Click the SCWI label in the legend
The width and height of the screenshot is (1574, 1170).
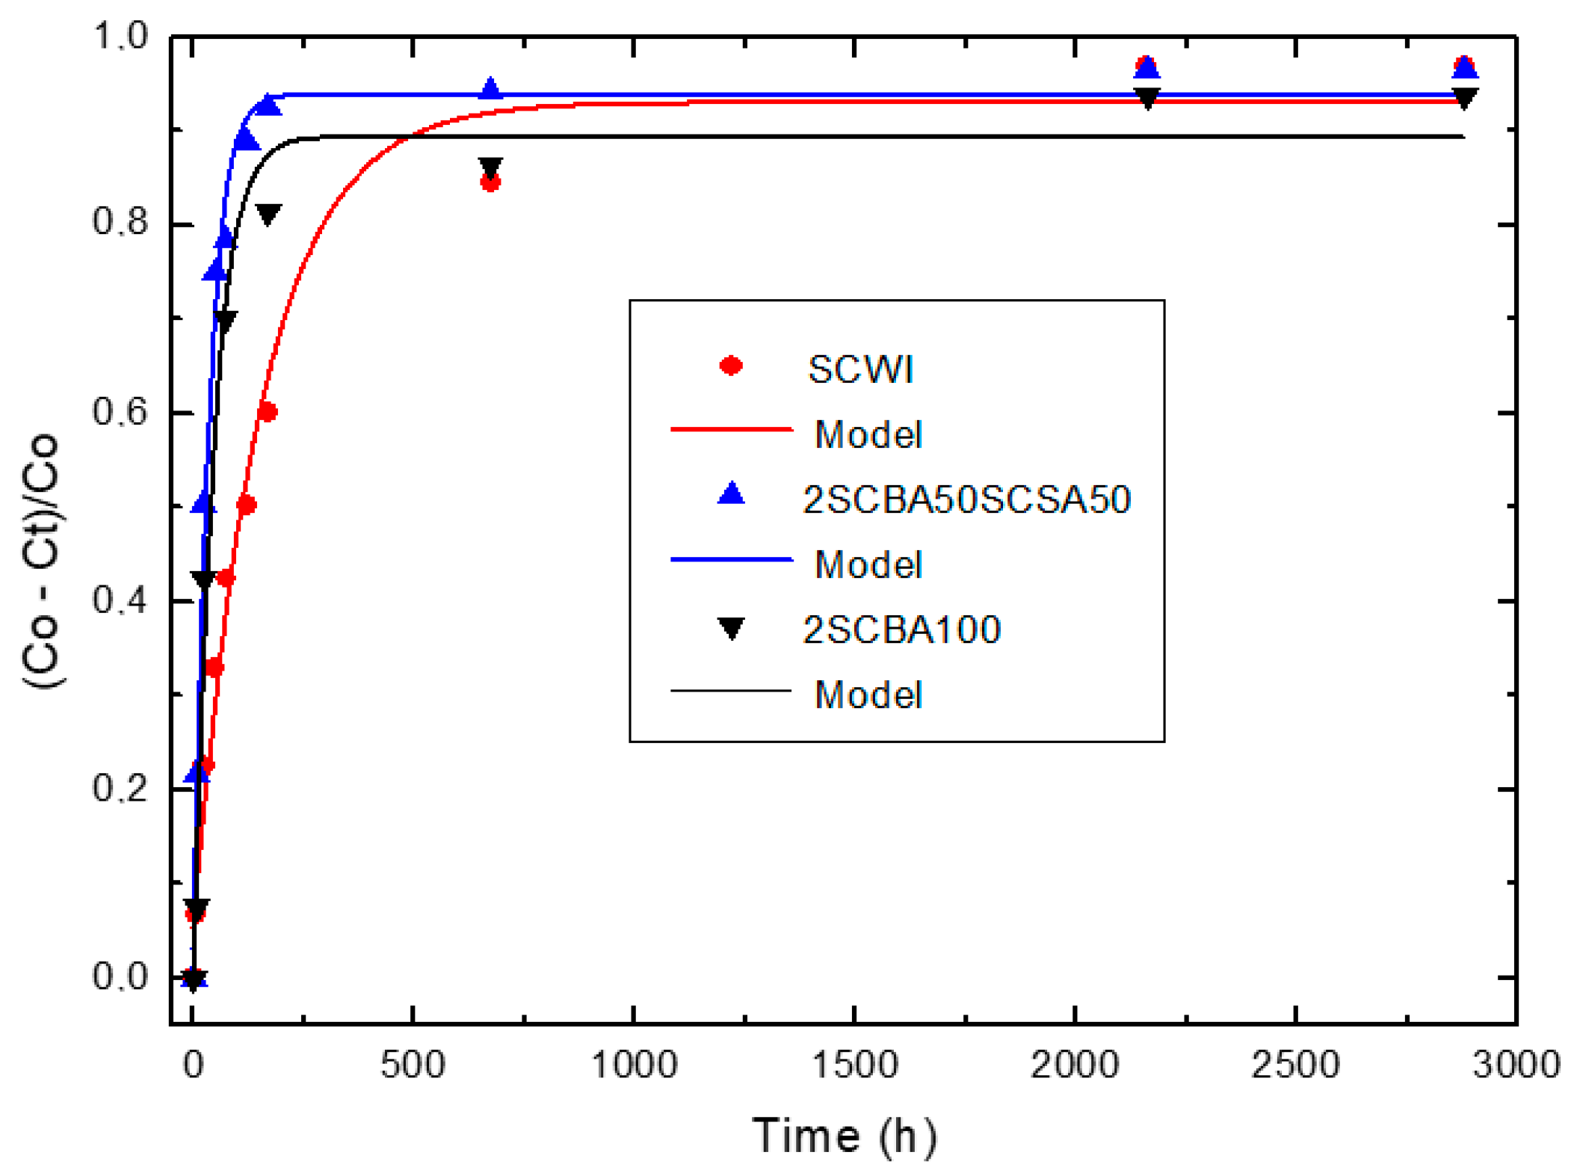[859, 369]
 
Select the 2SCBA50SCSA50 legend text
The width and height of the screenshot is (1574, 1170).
[966, 499]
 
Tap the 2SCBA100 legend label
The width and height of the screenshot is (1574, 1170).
[901, 629]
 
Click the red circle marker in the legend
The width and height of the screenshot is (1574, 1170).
[730, 366]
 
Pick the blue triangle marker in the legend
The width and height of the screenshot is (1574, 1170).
[730, 493]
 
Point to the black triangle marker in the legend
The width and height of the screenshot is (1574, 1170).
[730, 627]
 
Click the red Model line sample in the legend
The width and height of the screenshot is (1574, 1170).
[730, 429]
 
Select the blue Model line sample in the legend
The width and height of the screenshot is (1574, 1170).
[730, 558]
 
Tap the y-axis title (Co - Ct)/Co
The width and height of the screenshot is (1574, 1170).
[40, 561]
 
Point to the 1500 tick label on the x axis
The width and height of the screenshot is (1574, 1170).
[854, 1064]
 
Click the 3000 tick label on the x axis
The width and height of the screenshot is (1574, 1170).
[1515, 1064]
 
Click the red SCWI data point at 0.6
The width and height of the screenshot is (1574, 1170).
[267, 412]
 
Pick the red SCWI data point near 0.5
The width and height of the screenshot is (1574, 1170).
[246, 505]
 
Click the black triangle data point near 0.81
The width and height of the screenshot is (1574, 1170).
[268, 214]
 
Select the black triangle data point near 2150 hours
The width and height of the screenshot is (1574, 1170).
[1146, 97]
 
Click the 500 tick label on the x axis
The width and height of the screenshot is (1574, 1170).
[413, 1064]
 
